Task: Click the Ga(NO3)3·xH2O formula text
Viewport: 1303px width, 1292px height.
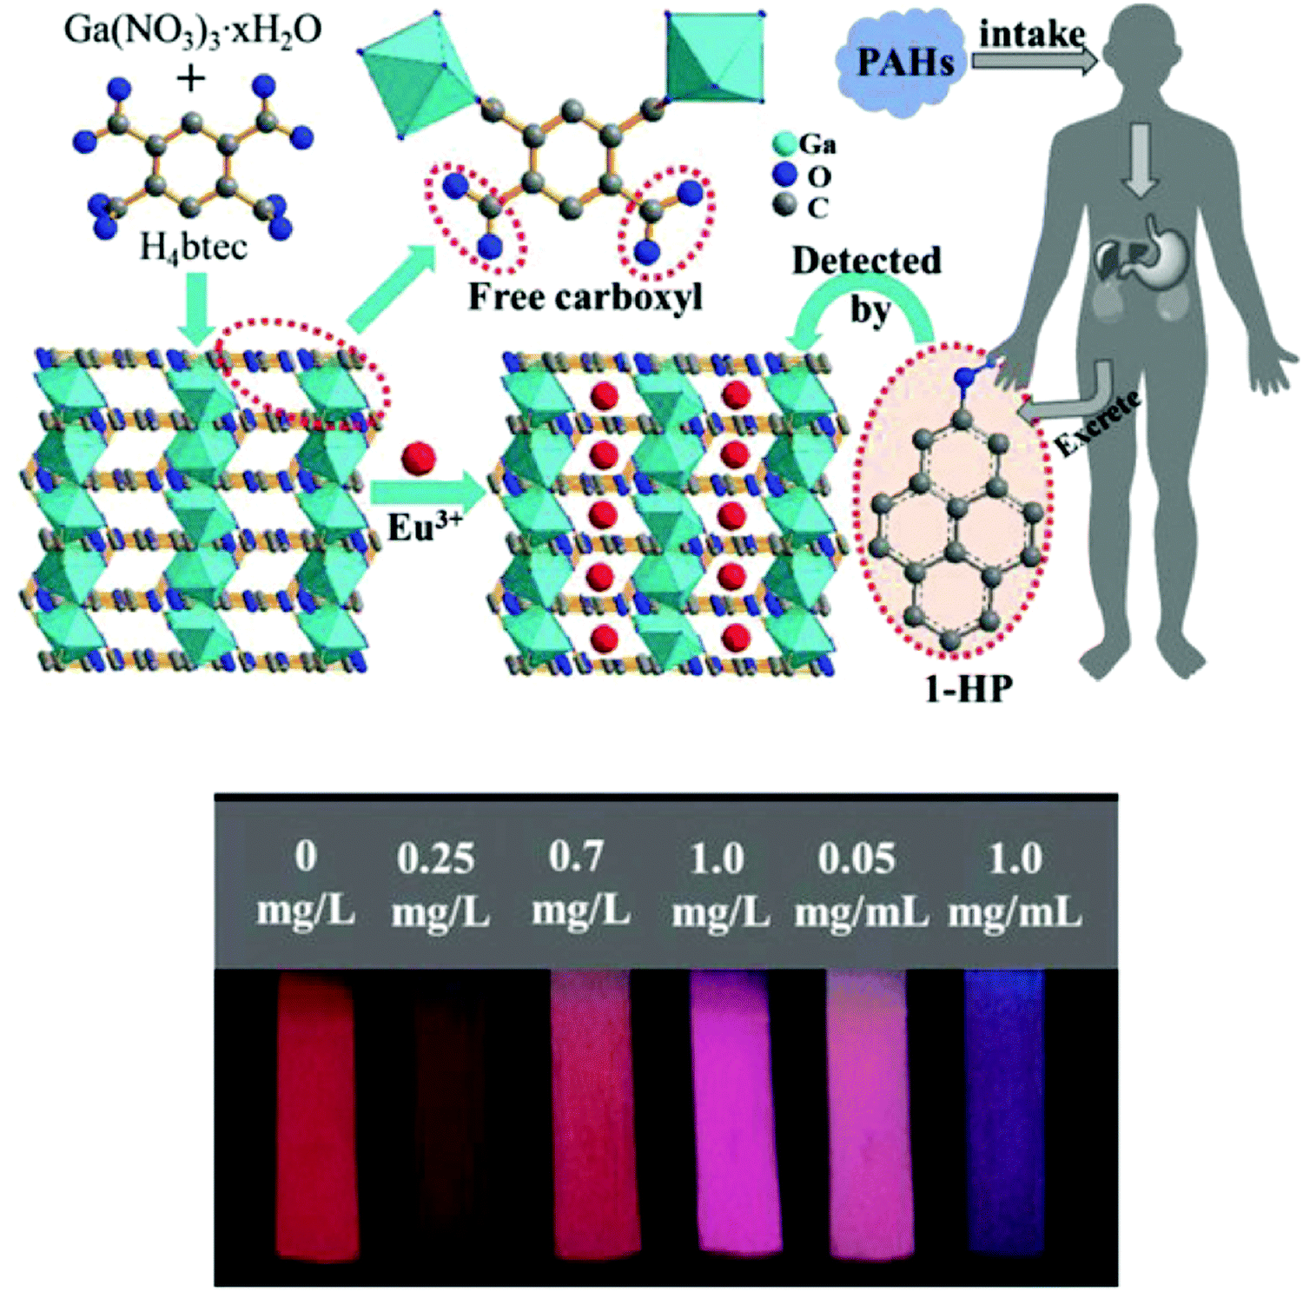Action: pyautogui.click(x=193, y=31)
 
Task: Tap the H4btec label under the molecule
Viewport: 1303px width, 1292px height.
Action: pyautogui.click(x=193, y=248)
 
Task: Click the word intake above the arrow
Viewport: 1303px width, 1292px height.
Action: pyautogui.click(x=1032, y=35)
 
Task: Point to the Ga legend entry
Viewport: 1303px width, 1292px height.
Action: pyautogui.click(x=804, y=143)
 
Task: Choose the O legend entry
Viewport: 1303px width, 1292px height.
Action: pyautogui.click(x=801, y=176)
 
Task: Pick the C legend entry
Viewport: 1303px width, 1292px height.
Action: pyautogui.click(x=800, y=207)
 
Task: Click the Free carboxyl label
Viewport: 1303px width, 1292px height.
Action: pyautogui.click(x=585, y=296)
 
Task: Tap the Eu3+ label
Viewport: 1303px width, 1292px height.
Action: pyautogui.click(x=424, y=527)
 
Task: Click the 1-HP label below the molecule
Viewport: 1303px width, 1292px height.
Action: pyautogui.click(x=968, y=689)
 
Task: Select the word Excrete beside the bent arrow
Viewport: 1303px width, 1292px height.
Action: pyautogui.click(x=1098, y=425)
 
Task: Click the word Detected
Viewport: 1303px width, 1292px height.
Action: pyautogui.click(x=866, y=261)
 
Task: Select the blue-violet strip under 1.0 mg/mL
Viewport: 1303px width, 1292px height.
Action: pyautogui.click(x=1006, y=1111)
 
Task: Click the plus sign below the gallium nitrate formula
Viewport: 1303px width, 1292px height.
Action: pyautogui.click(x=191, y=79)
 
